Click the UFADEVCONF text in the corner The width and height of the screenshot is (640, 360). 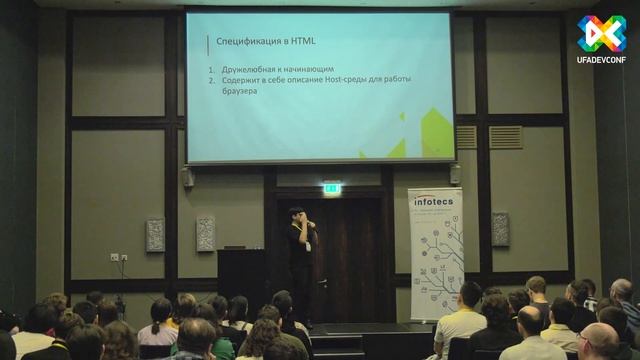point(600,59)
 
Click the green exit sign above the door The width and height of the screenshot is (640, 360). point(332,187)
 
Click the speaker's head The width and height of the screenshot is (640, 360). point(295,214)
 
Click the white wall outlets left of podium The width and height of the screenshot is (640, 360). point(118,257)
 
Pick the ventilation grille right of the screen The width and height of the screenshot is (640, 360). point(505,136)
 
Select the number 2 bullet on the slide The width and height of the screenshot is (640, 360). point(212,79)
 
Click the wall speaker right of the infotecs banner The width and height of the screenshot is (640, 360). point(500,229)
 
